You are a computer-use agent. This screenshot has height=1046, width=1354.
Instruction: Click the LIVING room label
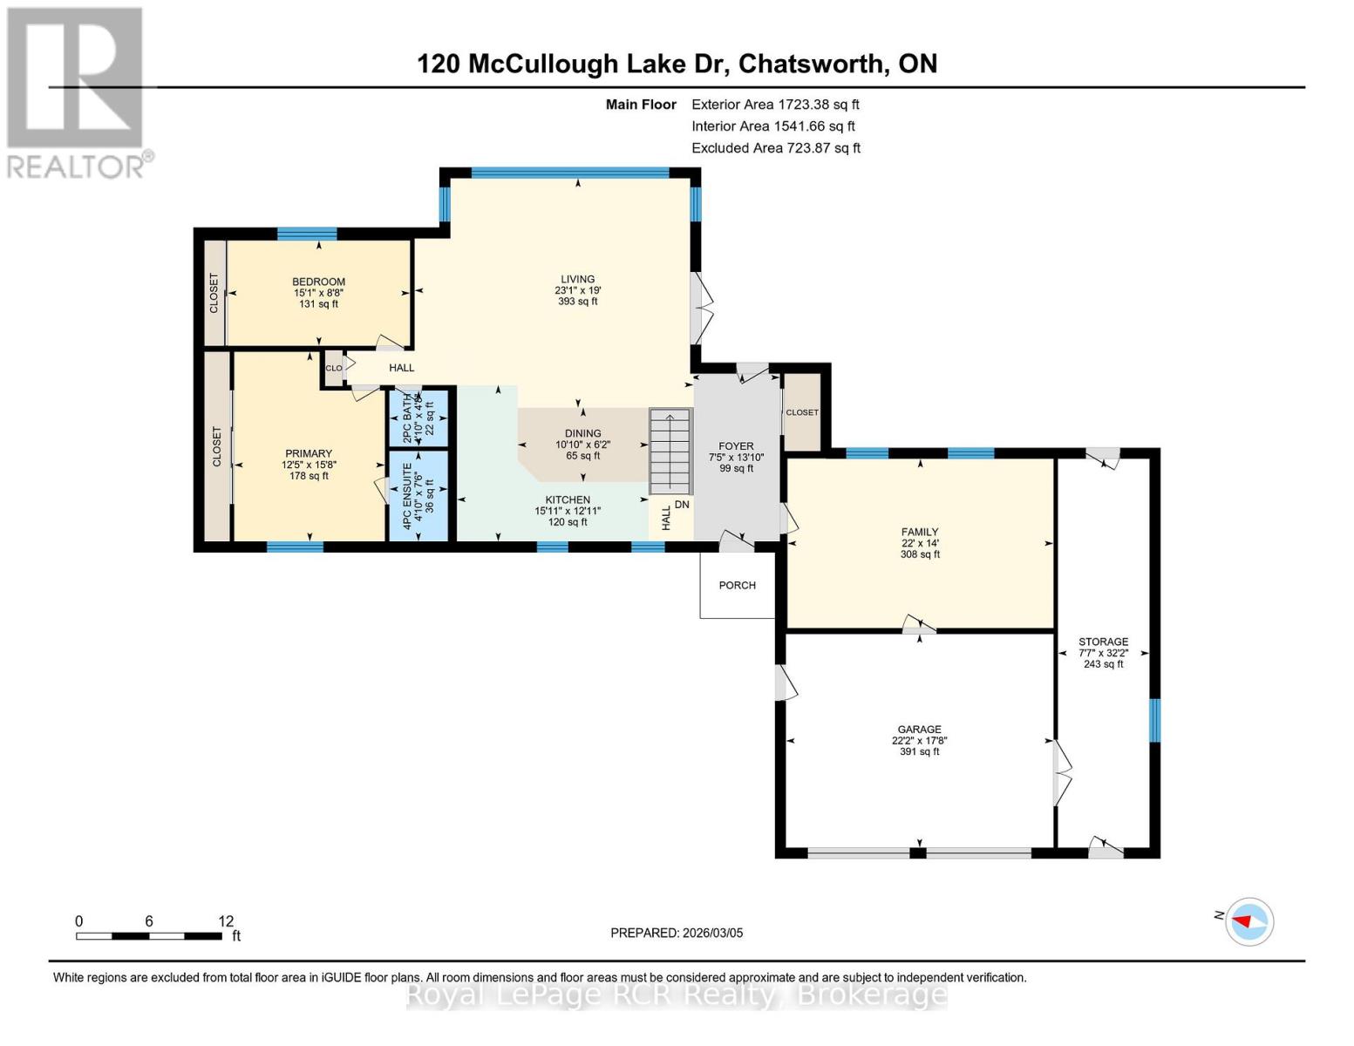point(577,279)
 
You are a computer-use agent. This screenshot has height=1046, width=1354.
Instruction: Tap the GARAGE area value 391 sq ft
point(919,751)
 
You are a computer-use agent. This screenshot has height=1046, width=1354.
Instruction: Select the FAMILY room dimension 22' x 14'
point(920,543)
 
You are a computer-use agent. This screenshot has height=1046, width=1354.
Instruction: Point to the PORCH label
point(737,585)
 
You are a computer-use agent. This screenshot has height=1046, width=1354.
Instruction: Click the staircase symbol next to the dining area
point(670,452)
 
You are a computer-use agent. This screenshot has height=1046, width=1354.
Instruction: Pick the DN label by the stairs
point(682,505)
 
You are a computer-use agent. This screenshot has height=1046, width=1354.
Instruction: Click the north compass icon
point(1249,921)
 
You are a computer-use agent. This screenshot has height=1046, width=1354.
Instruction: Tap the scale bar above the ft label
point(148,936)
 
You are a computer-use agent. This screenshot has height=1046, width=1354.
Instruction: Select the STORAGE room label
point(1103,642)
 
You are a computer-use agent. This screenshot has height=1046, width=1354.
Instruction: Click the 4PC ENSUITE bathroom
point(418,495)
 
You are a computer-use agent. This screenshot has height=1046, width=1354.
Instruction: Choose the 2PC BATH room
point(418,418)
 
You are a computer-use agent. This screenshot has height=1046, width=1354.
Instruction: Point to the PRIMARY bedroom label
point(309,453)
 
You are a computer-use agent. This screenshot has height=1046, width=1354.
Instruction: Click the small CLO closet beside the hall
point(333,368)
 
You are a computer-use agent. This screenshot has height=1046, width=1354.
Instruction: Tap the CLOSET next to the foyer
point(801,412)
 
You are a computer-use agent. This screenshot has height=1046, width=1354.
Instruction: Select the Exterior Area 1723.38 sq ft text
point(775,104)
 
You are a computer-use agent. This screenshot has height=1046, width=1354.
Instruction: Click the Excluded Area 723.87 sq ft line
point(775,148)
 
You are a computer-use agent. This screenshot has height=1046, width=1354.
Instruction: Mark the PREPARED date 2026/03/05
point(677,933)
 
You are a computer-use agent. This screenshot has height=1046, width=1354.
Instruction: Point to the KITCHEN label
point(568,500)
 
